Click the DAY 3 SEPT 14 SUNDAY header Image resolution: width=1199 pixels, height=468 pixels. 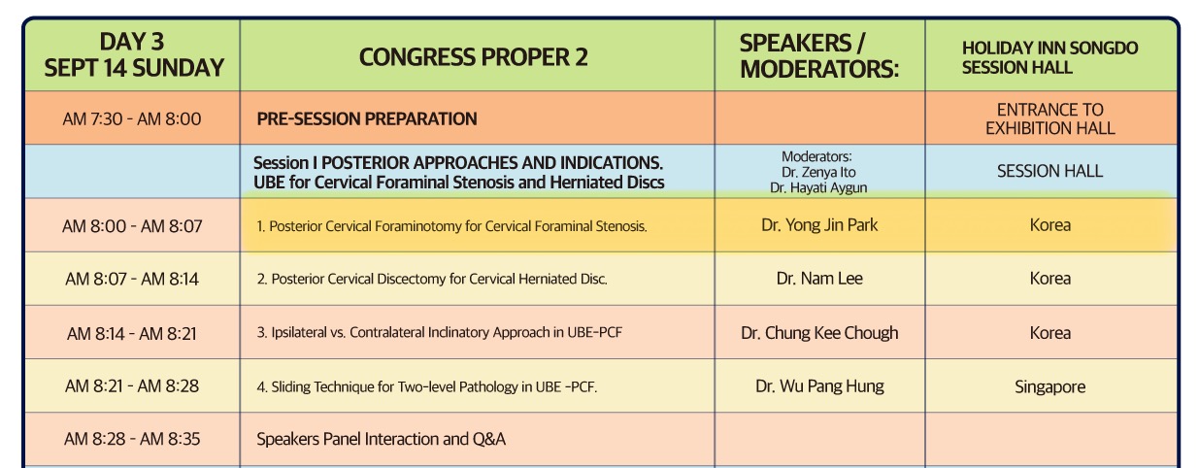pyautogui.click(x=134, y=55)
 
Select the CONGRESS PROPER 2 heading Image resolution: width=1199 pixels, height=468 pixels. pyautogui.click(x=473, y=57)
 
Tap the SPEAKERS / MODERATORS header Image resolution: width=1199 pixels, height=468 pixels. pyautogui.click(x=819, y=56)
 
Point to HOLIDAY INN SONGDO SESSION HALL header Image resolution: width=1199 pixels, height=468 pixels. pyautogui.click(x=1049, y=58)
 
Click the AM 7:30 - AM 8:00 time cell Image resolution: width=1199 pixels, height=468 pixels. pyautogui.click(x=132, y=118)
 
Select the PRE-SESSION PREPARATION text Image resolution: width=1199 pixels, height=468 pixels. pyautogui.click(x=367, y=118)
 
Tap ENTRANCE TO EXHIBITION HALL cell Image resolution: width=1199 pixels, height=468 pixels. pyautogui.click(x=1050, y=118)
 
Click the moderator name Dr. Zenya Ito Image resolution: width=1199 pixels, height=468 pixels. pyautogui.click(x=818, y=173)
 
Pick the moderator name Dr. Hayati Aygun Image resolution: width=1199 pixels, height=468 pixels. pyautogui.click(x=818, y=188)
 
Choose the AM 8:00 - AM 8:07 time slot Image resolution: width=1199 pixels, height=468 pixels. pyautogui.click(x=132, y=226)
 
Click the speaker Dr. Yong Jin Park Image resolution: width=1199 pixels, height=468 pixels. pyautogui.click(x=819, y=225)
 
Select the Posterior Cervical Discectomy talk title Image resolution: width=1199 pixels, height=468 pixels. pyautogui.click(x=431, y=279)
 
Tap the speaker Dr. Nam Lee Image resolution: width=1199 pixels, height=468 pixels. pyautogui.click(x=819, y=279)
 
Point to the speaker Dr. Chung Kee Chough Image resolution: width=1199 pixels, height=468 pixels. pyautogui.click(x=819, y=333)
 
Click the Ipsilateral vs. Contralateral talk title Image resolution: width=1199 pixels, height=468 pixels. pyautogui.click(x=439, y=332)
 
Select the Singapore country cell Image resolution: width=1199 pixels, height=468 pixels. pyautogui.click(x=1049, y=387)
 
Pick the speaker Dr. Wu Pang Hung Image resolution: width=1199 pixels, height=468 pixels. pyautogui.click(x=819, y=386)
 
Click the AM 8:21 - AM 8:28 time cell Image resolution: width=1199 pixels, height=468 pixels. pyautogui.click(x=132, y=386)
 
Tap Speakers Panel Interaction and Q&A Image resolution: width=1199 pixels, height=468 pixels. pyautogui.click(x=381, y=439)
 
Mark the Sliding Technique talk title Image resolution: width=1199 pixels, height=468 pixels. pyautogui.click(x=426, y=386)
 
